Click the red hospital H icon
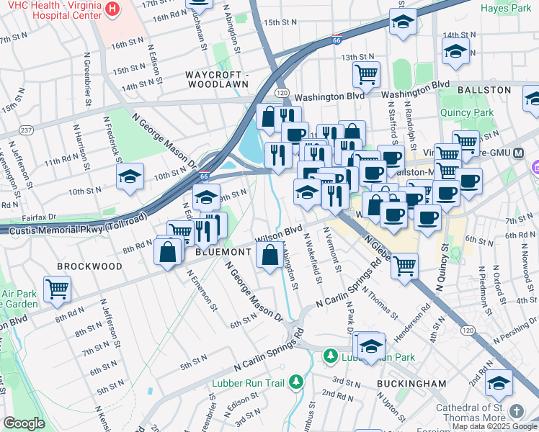coord(112,9)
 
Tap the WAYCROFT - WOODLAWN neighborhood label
coord(217,79)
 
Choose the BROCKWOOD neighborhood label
coord(89,266)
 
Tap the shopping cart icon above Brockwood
coord(57,288)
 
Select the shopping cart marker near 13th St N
coord(367,73)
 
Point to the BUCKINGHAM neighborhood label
coord(412,384)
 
